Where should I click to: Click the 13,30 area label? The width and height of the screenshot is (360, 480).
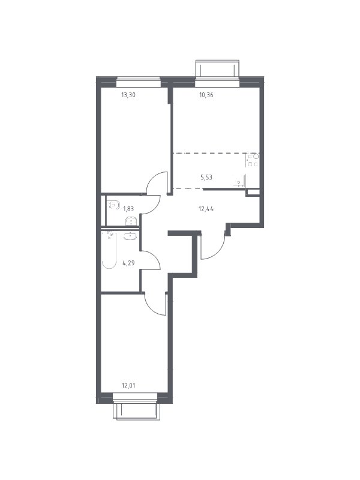tap(128, 95)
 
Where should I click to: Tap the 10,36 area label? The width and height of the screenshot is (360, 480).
tap(206, 95)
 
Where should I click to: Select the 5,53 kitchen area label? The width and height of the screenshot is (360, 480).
tap(206, 177)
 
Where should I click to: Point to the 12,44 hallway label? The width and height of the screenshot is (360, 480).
tap(206, 209)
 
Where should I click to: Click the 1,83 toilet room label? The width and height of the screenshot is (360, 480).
tap(128, 209)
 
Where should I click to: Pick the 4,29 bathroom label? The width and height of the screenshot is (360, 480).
tap(129, 262)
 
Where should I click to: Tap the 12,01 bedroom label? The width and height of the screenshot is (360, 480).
tap(128, 386)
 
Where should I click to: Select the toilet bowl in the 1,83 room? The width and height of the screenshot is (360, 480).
tap(113, 205)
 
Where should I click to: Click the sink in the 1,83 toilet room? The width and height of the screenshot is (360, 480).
tap(132, 221)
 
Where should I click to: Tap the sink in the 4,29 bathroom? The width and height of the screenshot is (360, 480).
tap(131, 236)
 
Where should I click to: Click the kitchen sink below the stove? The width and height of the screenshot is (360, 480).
tap(240, 181)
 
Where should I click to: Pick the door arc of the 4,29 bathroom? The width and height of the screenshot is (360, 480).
tap(153, 258)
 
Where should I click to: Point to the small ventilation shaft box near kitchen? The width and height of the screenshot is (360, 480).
tap(253, 193)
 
